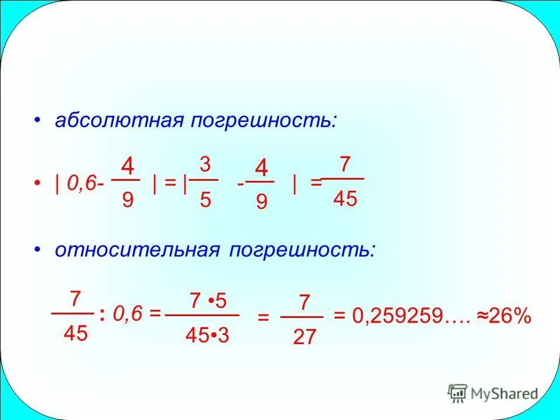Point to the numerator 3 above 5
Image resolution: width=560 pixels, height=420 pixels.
point(205,164)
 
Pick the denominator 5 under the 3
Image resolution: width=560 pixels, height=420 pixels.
point(205,200)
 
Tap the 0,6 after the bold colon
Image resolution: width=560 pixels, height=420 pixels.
point(127,315)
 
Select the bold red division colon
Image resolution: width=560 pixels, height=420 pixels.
point(102,316)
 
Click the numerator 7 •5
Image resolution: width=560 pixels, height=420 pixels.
point(208,302)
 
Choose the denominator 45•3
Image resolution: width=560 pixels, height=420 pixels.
point(206,335)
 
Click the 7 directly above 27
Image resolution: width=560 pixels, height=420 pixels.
point(304,302)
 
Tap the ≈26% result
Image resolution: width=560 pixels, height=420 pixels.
point(505,317)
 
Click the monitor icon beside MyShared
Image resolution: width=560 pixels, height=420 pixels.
point(457,393)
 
